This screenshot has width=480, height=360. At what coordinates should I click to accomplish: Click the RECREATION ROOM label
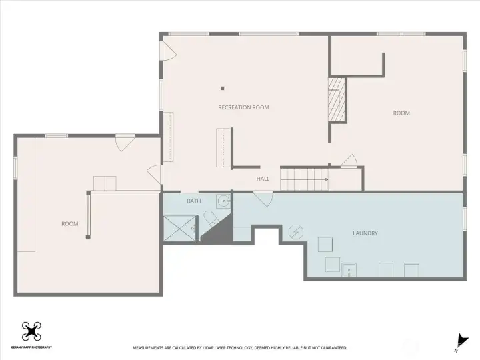pyautogui.click(x=244, y=107)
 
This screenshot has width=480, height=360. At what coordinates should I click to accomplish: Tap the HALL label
pyautogui.click(x=263, y=179)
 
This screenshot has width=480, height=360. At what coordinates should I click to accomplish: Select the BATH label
pyautogui.click(x=194, y=201)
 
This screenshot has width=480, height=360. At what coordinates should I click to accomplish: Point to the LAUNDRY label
pyautogui.click(x=365, y=233)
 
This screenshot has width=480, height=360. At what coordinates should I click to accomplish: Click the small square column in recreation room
pyautogui.click(x=223, y=89)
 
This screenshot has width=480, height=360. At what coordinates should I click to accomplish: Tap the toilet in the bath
pyautogui.click(x=211, y=218)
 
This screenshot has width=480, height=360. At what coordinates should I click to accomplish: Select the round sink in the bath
pyautogui.click(x=224, y=201)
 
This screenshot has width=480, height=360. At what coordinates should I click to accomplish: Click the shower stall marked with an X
pyautogui.click(x=180, y=228)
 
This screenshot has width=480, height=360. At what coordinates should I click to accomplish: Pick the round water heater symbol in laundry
pyautogui.click(x=296, y=232)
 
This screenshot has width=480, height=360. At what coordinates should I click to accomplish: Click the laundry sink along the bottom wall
pyautogui.click(x=349, y=270)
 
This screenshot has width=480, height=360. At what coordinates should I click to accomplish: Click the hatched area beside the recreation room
pyautogui.click(x=337, y=99)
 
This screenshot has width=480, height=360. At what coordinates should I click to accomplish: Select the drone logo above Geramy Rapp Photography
pyautogui.click(x=31, y=331)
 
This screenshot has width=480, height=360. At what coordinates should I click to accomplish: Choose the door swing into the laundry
pyautogui.click(x=263, y=199)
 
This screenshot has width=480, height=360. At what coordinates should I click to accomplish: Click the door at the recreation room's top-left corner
pyautogui.click(x=169, y=51)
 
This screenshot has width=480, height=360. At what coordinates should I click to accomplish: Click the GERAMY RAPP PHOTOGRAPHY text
pyautogui.click(x=31, y=347)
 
